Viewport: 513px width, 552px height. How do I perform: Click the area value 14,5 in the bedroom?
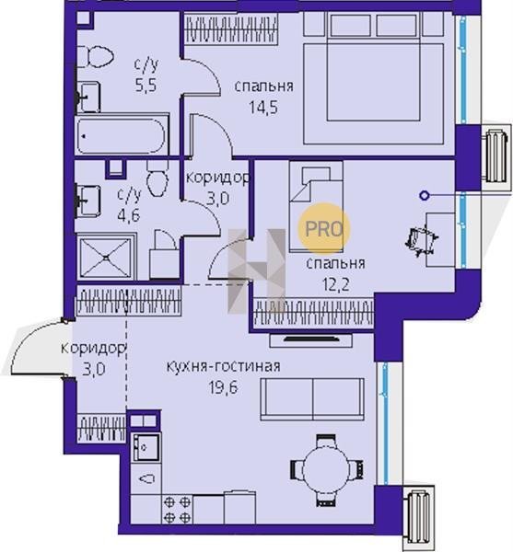click(263, 107)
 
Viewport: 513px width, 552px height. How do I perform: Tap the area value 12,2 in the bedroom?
click(336, 284)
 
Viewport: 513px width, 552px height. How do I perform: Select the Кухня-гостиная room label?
click(224, 366)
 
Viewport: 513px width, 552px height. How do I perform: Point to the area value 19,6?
click(224, 387)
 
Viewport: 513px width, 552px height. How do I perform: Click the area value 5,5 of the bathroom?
click(146, 86)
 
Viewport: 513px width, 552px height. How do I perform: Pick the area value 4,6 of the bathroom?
click(129, 215)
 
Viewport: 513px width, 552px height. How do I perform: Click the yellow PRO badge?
click(324, 229)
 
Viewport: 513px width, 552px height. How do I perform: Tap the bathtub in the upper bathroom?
click(121, 135)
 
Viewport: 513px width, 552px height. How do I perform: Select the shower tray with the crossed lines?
click(106, 257)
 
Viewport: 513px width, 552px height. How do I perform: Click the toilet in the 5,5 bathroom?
click(95, 56)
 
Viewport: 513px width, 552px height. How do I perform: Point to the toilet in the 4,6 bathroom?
click(157, 178)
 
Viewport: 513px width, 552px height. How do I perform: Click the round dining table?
click(326, 469)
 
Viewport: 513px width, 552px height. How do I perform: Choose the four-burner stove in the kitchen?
click(177, 510)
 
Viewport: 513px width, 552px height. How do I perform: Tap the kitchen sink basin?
click(146, 447)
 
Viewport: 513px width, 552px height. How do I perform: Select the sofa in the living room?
click(312, 399)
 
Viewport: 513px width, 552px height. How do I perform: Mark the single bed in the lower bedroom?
click(316, 207)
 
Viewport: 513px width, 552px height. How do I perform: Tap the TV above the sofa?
click(311, 339)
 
